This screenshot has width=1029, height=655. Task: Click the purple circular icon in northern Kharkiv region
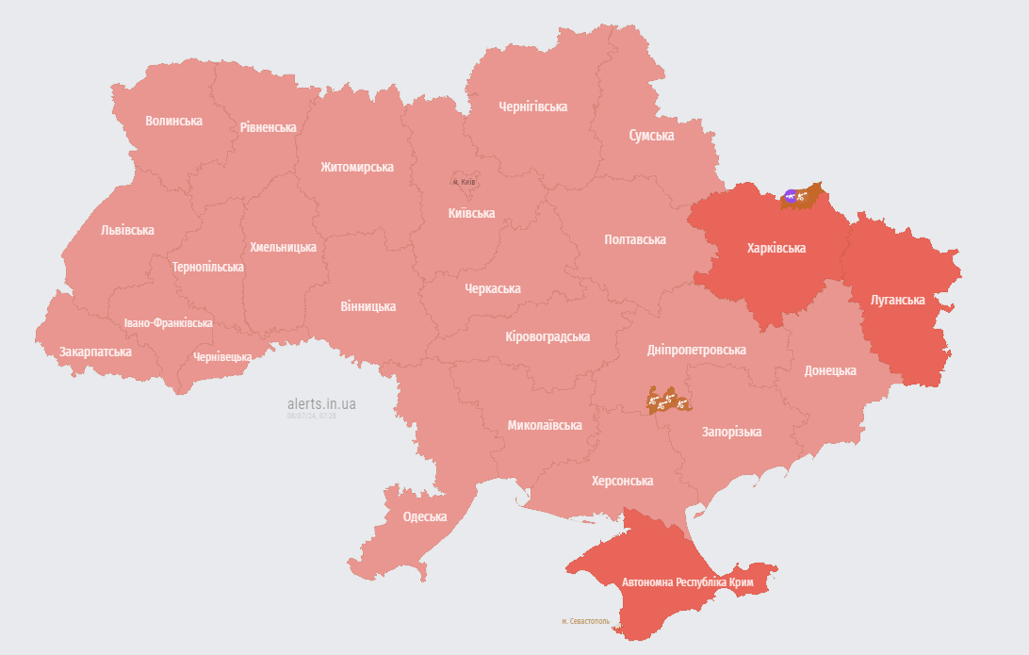click(790, 196)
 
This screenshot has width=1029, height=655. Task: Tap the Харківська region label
click(776, 249)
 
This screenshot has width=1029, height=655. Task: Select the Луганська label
click(896, 300)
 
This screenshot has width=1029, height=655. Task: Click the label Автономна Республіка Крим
click(687, 582)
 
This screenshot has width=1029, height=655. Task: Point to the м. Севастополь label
click(585, 621)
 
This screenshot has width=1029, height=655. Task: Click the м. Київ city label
click(464, 181)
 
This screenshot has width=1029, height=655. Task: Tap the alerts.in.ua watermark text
click(321, 403)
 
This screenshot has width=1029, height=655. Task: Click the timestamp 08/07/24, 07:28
click(312, 415)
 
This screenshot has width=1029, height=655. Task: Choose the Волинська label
click(173, 121)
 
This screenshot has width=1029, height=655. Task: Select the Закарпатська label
click(95, 352)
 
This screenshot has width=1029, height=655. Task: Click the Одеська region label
click(424, 516)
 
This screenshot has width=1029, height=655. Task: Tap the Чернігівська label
click(532, 106)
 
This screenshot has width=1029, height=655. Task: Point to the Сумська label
click(651, 136)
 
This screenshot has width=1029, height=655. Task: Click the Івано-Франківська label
click(168, 322)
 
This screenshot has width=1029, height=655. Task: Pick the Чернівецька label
click(221, 357)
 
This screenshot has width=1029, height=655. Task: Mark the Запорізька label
click(731, 432)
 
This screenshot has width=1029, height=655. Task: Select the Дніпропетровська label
click(695, 350)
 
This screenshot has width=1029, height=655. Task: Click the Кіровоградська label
click(547, 336)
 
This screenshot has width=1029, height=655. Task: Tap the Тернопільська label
click(207, 267)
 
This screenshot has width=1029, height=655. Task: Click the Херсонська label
click(622, 481)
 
